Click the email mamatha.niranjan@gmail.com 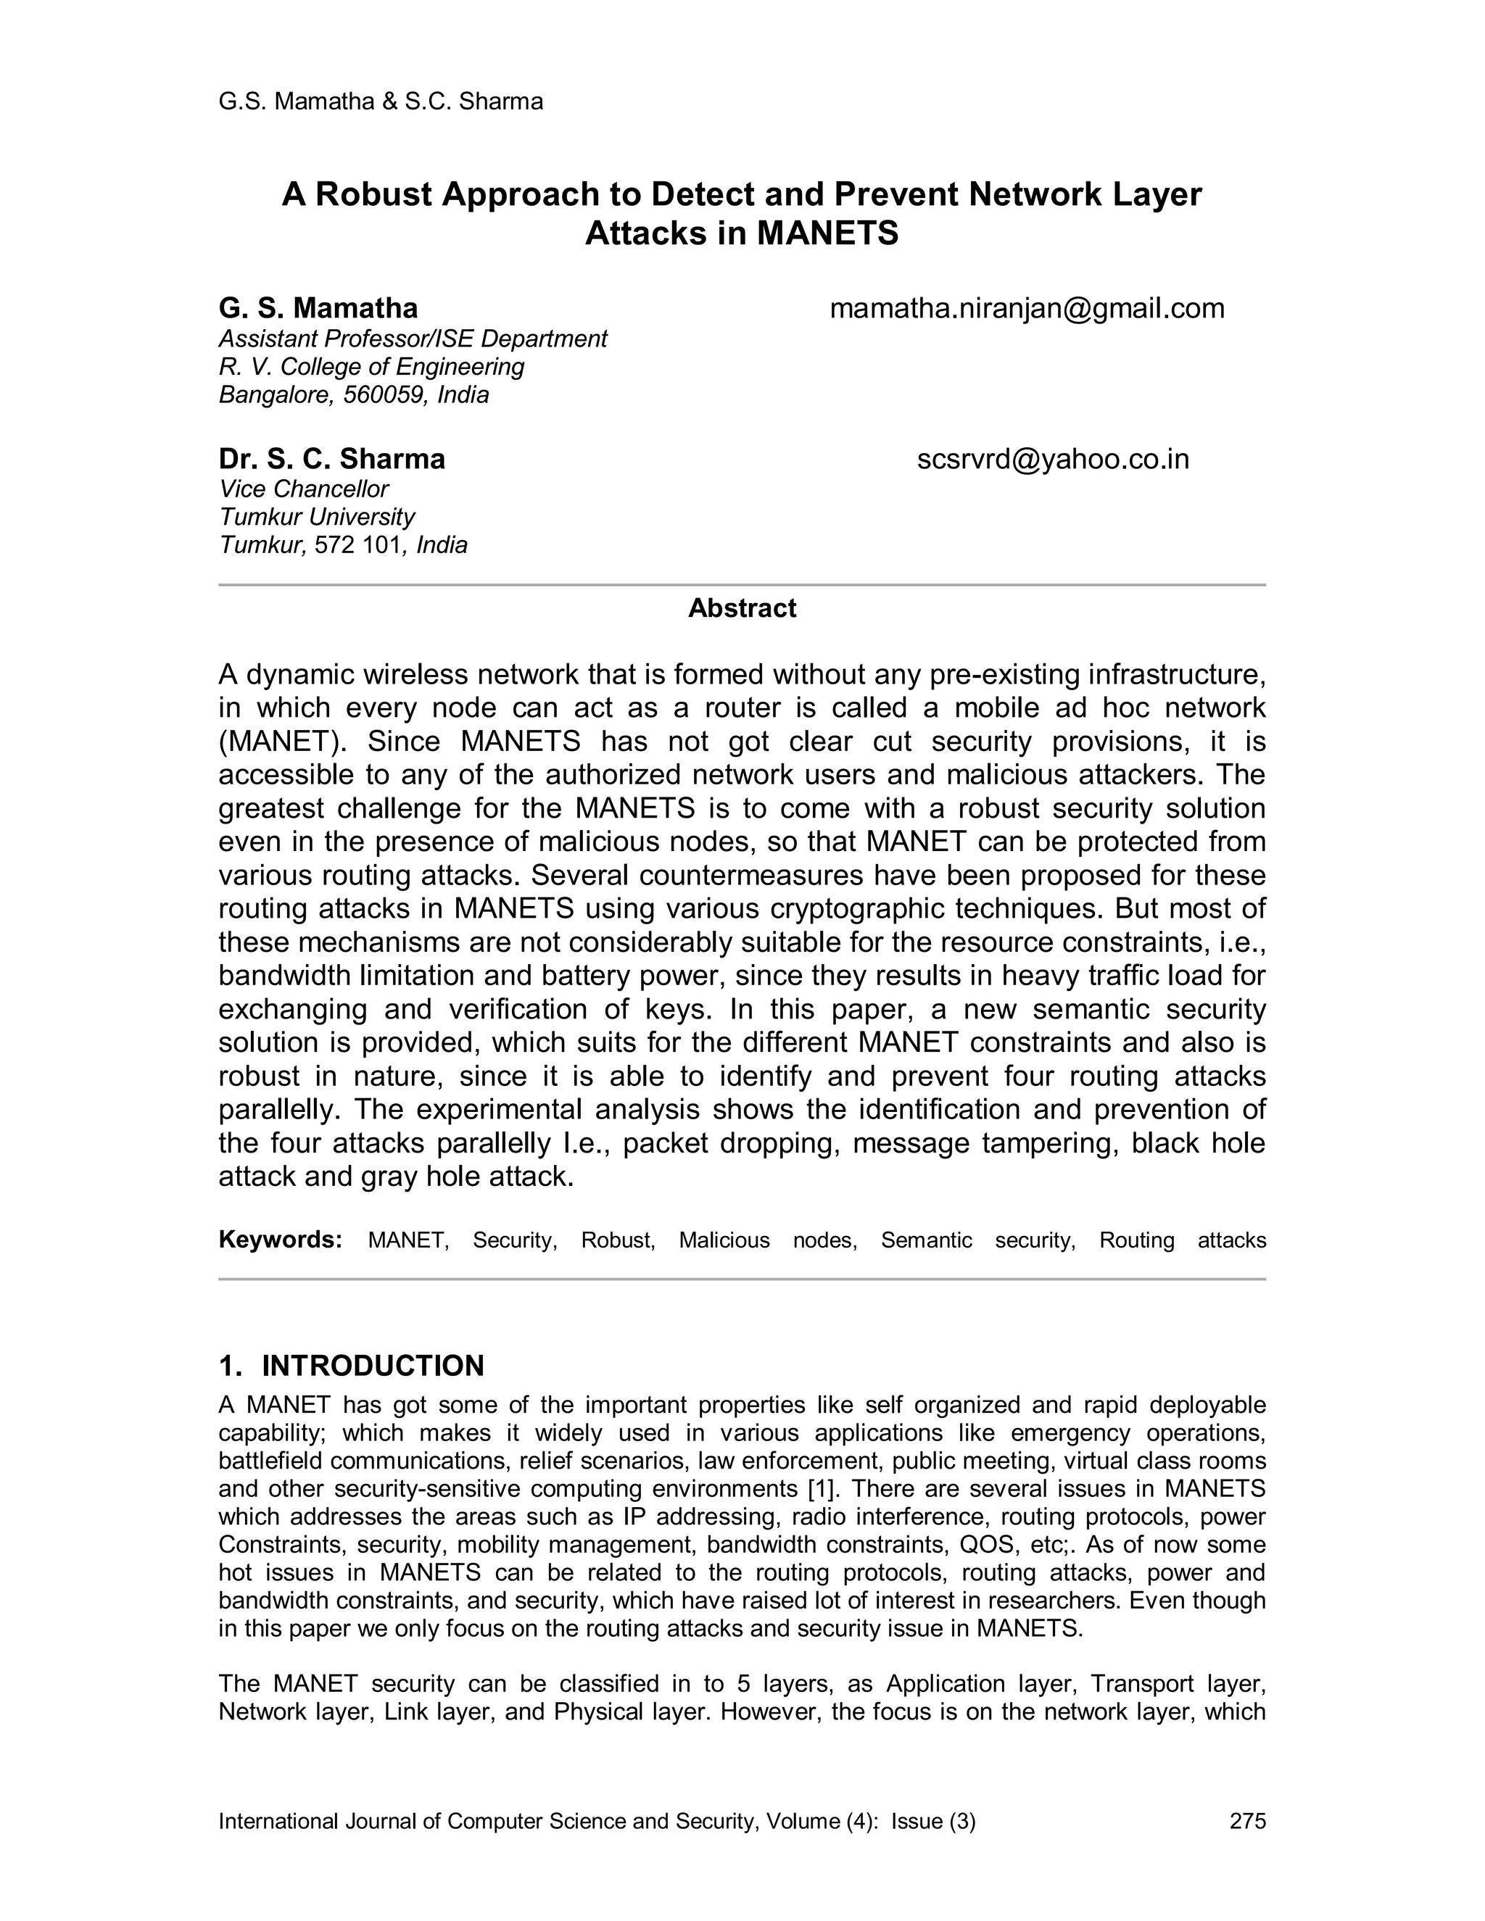click(x=1027, y=309)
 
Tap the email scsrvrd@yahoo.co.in click(x=1052, y=459)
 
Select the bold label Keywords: click(x=280, y=1240)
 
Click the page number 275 click(x=1246, y=1821)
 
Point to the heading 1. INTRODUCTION click(x=351, y=1366)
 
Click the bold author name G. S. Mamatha click(x=318, y=309)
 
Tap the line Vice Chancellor click(x=304, y=489)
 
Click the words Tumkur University click(x=317, y=517)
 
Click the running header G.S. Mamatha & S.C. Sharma click(x=380, y=102)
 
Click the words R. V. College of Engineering click(x=371, y=367)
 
